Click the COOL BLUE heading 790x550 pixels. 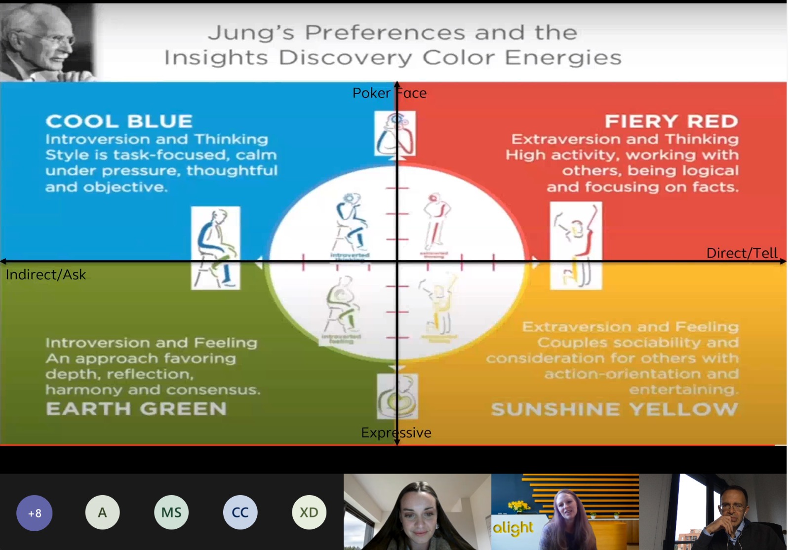coord(119,121)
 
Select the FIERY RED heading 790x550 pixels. coord(671,121)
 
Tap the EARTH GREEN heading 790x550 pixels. coord(136,409)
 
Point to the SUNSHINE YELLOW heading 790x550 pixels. coord(614,409)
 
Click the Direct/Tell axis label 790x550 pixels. coord(742,253)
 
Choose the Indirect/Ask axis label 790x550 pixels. coord(46,275)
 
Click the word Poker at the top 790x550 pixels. coord(371,93)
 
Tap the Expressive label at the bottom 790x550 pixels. coord(396,432)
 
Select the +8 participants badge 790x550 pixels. coord(35,513)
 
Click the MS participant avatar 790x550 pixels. coord(171,512)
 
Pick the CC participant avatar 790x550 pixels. coord(240,512)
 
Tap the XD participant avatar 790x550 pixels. coord(309,512)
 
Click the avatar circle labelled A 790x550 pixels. coord(102,512)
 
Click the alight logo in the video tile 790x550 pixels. coord(513,528)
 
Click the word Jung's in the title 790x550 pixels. coord(251,33)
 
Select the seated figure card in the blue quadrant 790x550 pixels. coord(216,247)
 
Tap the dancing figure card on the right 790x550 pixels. coord(576,245)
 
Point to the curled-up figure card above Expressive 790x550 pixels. coord(397,396)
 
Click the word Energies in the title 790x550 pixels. coord(563,58)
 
